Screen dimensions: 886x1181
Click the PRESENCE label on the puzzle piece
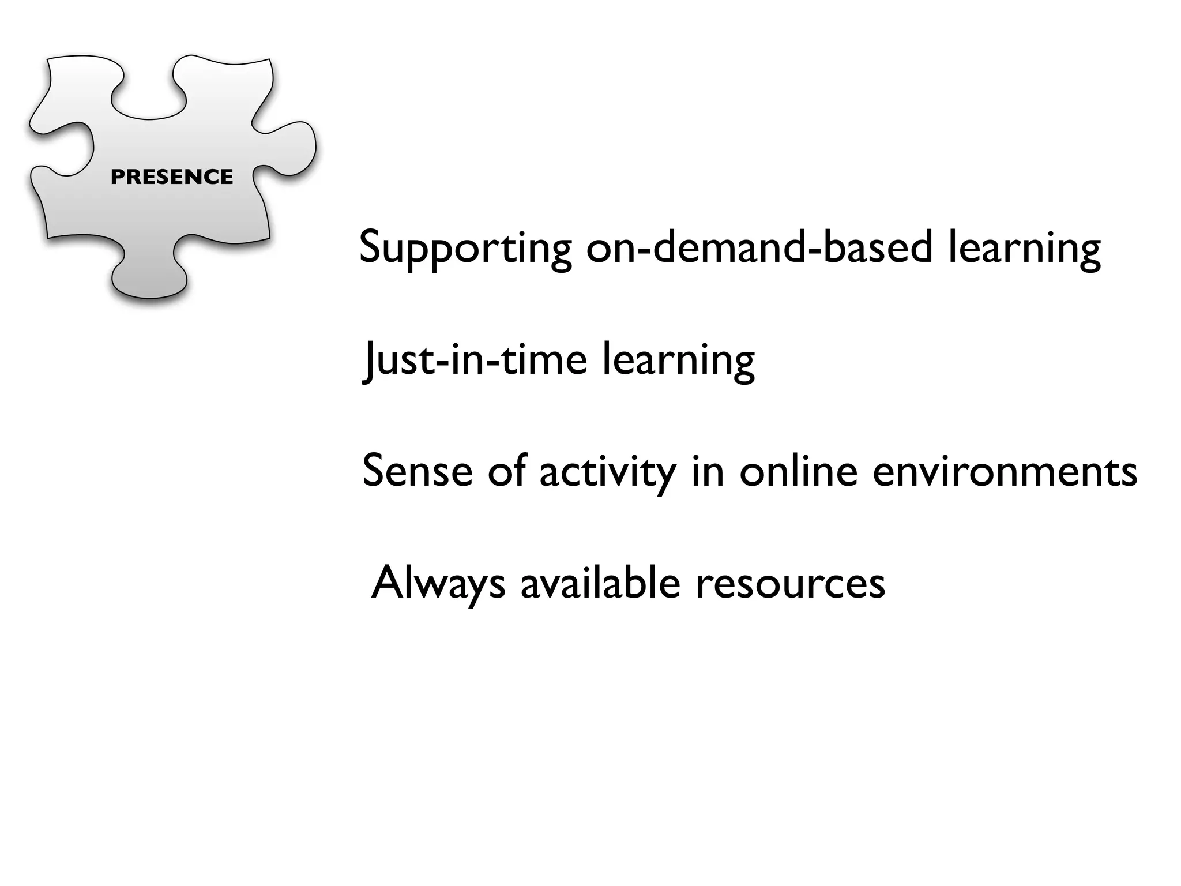(x=172, y=177)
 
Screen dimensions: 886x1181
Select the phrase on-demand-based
(x=759, y=247)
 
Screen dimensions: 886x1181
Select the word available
(x=600, y=583)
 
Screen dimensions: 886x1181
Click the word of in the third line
(x=506, y=471)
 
